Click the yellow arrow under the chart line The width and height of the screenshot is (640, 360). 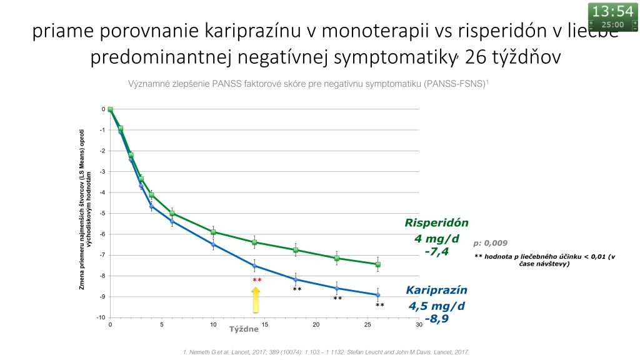(256, 300)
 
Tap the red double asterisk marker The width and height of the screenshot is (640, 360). (257, 280)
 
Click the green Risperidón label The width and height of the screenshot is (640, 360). (436, 223)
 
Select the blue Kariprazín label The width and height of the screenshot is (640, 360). (436, 290)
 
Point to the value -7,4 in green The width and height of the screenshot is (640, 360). (436, 252)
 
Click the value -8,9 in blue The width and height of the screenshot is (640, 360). (437, 319)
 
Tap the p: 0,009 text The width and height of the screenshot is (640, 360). (490, 243)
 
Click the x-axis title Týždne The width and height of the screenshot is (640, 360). (244, 329)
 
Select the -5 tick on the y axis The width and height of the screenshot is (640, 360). (102, 213)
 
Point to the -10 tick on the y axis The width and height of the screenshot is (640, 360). (101, 317)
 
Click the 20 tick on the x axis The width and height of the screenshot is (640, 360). (316, 324)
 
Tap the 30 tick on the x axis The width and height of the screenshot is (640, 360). (419, 324)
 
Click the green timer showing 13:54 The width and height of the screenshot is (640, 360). (612, 16)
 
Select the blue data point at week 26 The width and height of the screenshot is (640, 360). (378, 295)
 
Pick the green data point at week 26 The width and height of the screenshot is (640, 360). (378, 264)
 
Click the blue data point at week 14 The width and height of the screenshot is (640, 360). (255, 266)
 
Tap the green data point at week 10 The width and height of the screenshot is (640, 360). (213, 232)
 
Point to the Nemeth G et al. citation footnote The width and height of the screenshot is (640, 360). (325, 352)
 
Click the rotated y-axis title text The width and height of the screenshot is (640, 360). (85, 210)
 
